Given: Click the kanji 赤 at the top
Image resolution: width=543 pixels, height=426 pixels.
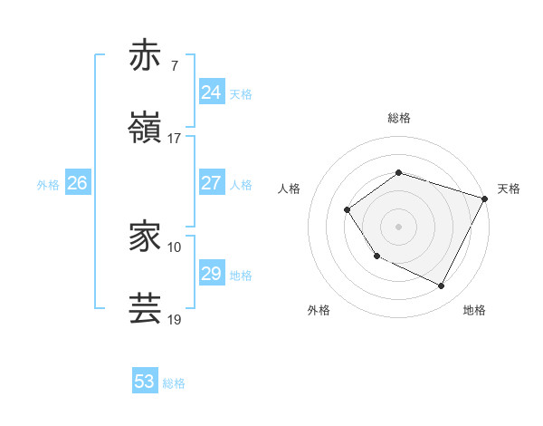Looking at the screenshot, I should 146,55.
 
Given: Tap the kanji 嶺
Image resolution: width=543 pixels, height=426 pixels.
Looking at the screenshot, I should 146,128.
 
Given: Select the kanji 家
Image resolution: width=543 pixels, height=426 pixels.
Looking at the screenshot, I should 146,237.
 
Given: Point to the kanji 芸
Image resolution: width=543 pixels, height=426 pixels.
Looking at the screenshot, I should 146,309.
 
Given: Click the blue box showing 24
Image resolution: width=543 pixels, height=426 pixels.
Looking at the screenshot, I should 211,92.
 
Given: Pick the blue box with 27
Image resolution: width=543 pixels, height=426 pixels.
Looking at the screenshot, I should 211,183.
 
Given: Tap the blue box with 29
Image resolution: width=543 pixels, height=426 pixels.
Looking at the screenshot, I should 211,274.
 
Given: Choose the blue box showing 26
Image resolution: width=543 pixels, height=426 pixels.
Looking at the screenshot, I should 77,183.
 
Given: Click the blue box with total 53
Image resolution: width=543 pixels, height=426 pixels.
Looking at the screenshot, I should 145,382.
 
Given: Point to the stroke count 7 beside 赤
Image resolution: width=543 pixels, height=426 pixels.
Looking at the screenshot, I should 174,66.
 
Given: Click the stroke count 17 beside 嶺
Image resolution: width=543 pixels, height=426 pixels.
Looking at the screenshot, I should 174,139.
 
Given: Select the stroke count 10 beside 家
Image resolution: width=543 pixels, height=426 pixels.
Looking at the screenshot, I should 174,247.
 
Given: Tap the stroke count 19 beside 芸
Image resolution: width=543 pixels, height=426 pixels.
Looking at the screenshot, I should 174,320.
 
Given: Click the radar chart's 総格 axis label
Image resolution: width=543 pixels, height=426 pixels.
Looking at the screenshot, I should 398,118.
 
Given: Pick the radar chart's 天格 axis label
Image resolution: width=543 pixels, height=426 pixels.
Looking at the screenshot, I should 509,189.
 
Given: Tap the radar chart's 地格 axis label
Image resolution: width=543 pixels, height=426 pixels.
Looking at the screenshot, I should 474,310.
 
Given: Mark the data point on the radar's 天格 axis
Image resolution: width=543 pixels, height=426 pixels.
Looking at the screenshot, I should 484,198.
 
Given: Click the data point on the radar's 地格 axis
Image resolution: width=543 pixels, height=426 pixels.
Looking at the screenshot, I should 442,286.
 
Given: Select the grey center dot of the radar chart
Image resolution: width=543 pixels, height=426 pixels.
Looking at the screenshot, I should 398,226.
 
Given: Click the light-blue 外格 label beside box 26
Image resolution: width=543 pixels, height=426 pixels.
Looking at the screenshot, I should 48,185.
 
